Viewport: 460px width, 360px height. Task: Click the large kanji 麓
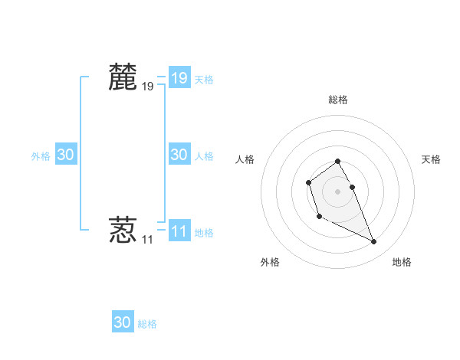[123, 77]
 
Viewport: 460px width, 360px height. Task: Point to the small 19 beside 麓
[147, 87]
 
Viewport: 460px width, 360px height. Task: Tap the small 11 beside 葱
[147, 240]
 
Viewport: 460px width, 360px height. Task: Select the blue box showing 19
[179, 78]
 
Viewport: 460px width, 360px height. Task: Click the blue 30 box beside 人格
[179, 155]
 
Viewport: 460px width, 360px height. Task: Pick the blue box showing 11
[179, 231]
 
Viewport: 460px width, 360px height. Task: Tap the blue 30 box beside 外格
[66, 155]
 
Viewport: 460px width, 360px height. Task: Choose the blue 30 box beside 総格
[123, 322]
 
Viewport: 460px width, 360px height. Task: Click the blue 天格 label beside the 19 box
[204, 79]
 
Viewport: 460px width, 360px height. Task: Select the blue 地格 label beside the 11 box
[204, 232]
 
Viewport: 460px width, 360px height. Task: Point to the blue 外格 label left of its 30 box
[41, 156]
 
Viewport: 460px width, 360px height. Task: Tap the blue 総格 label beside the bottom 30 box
[147, 324]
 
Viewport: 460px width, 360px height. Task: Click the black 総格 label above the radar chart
[337, 100]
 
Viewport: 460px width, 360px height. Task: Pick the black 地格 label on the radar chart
[402, 262]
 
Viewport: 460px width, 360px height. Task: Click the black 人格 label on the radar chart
[245, 159]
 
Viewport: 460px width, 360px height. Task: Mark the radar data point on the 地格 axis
[374, 242]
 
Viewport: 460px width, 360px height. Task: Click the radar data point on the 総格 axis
[337, 161]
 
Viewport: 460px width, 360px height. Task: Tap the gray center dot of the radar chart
[337, 191]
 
